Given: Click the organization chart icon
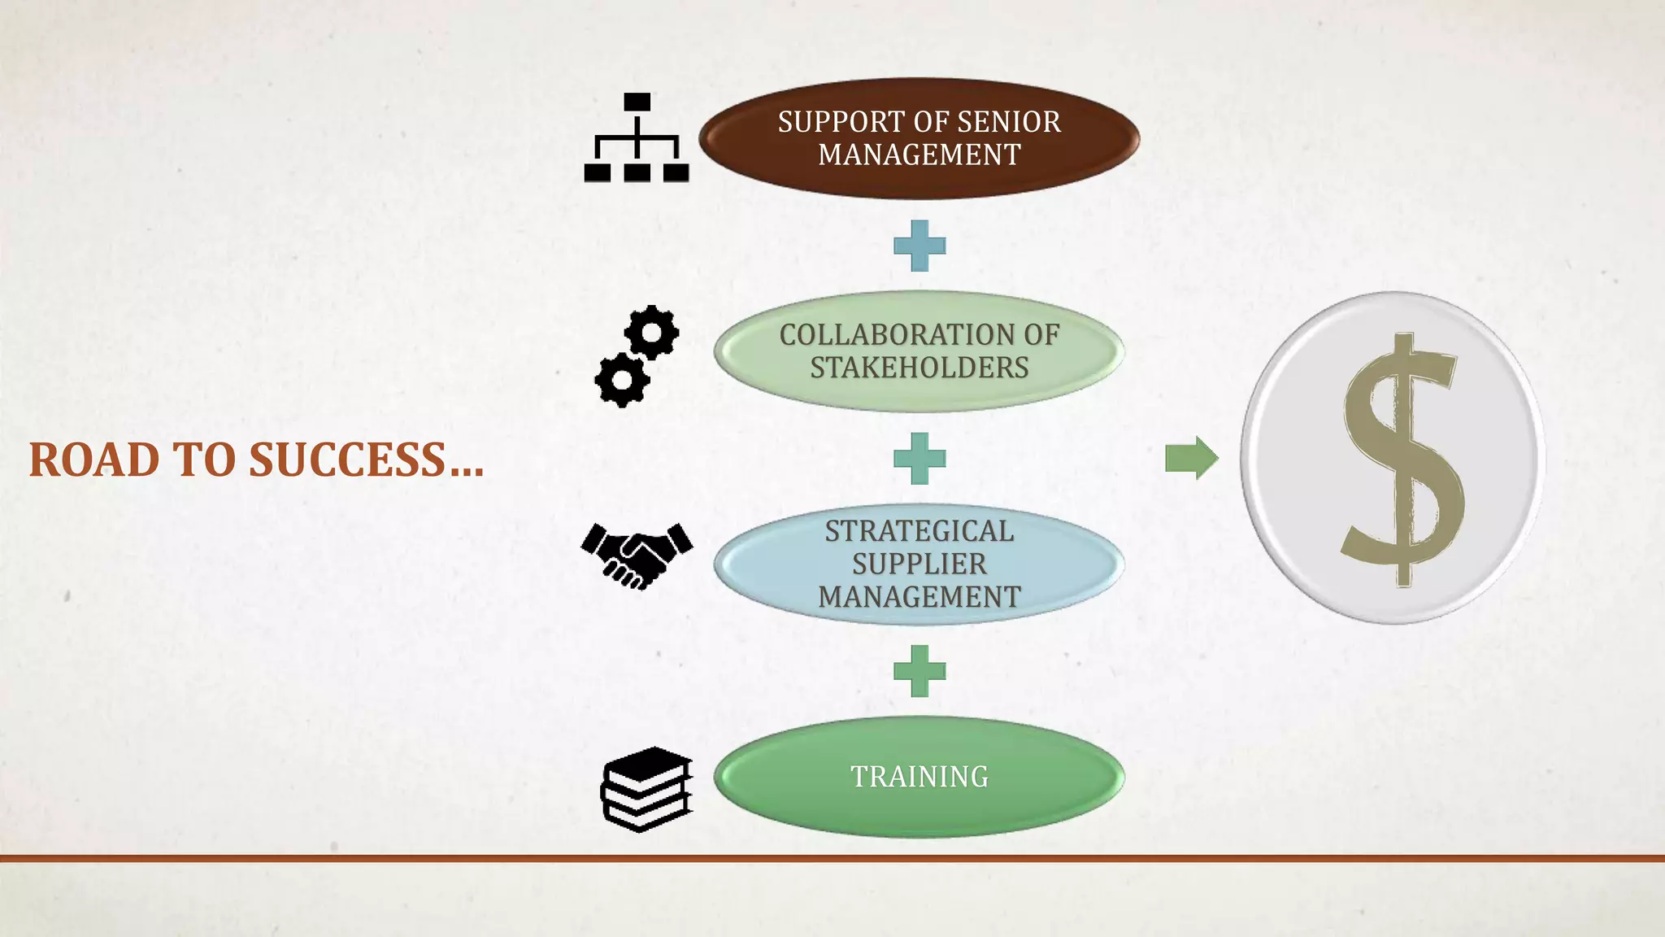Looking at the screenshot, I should click(637, 138).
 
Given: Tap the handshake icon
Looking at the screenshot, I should click(637, 555).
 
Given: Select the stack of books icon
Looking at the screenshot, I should click(646, 789).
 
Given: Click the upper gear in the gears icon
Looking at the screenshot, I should click(651, 332).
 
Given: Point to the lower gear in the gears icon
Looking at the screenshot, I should click(622, 379).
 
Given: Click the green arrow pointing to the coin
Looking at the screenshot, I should click(1191, 458).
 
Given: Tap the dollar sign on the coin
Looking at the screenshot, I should click(1401, 460).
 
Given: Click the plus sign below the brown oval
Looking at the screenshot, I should click(919, 246).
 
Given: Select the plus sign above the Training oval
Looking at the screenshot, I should click(919, 671).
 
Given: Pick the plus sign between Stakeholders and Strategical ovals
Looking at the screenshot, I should click(919, 459).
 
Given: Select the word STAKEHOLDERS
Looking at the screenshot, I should click(919, 368).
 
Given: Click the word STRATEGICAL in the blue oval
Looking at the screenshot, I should click(919, 531).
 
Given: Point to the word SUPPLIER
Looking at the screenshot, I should click(919, 564).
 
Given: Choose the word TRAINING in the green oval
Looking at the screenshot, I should click(919, 777).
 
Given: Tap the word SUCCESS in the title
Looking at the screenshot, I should click(348, 460).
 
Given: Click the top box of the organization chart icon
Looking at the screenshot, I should click(637, 102).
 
